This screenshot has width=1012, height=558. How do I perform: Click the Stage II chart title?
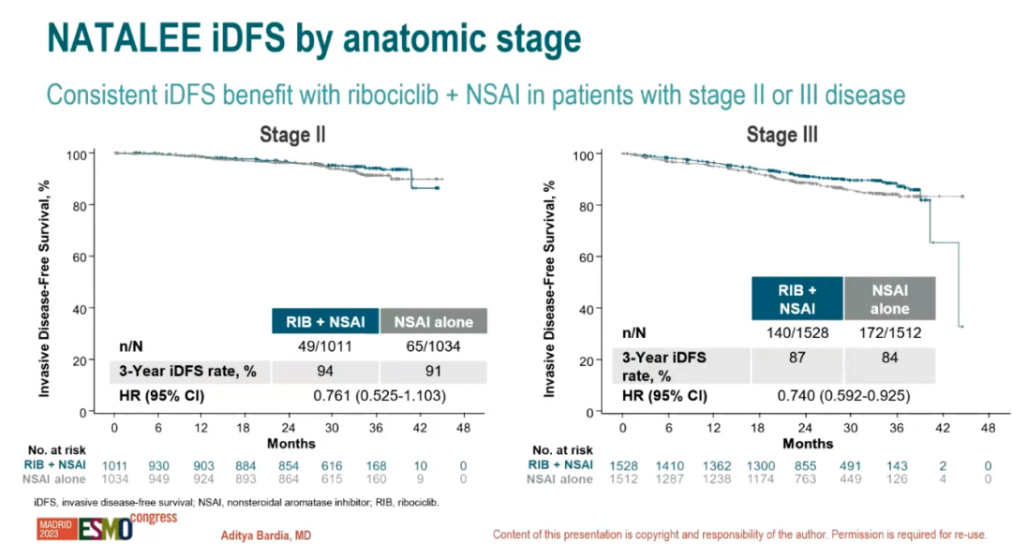coord(292,135)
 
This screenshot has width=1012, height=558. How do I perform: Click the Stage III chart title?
coord(781,135)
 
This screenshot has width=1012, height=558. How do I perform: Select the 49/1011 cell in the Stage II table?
coord(324,346)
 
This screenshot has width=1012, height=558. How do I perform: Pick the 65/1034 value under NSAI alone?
coord(432,346)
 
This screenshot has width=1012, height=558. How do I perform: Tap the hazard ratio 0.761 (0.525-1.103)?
coord(379,395)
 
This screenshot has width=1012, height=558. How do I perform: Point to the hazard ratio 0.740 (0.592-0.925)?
coord(842,395)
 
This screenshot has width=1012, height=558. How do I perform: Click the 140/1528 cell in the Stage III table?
coord(796,332)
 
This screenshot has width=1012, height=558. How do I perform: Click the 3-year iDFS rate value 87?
coord(796,357)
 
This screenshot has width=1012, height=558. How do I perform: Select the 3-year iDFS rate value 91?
coord(432,371)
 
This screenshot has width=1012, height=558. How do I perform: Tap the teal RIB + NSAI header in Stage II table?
coord(324,322)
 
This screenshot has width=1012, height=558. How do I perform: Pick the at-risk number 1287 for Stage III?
coord(668,478)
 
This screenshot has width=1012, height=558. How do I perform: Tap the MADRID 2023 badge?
coord(49,529)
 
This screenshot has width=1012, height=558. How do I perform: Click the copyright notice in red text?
coord(740,535)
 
